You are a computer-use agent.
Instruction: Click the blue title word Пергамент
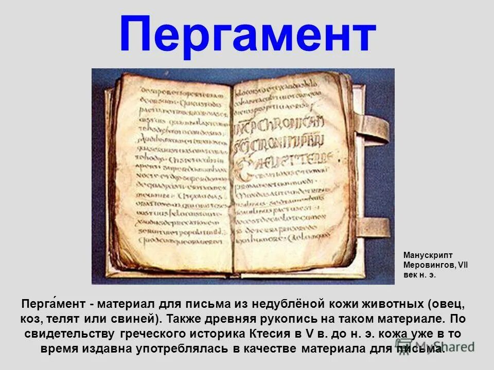[x=247, y=35]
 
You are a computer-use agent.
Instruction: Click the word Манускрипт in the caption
[x=428, y=255]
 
